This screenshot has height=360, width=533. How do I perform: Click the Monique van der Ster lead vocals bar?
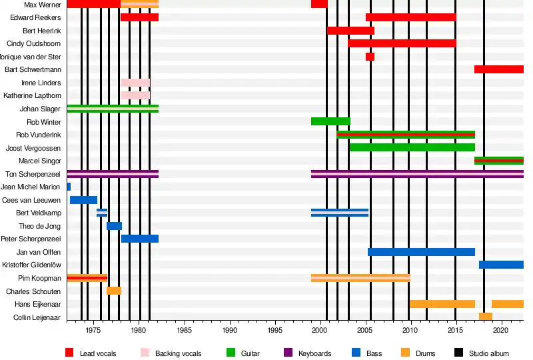[370, 57]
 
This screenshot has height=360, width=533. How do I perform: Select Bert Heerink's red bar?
[350, 31]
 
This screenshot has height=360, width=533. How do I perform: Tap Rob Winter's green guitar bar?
[330, 121]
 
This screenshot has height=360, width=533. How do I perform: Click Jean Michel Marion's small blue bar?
[69, 187]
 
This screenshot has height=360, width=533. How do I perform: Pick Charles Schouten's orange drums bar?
[114, 291]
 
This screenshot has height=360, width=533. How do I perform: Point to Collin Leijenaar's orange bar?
[486, 317]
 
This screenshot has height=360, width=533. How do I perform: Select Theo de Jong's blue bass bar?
[114, 226]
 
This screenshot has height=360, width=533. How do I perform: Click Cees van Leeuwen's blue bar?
[83, 200]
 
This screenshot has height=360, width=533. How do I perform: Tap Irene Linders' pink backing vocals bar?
[135, 83]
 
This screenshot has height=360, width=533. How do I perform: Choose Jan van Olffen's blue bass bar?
[421, 252]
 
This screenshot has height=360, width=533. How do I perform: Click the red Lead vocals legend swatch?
[70, 353]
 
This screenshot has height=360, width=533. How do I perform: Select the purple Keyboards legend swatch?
[288, 353]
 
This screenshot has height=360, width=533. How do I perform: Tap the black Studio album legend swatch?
[459, 353]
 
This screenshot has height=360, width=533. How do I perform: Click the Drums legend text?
[425, 353]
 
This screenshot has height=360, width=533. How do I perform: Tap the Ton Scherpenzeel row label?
[33, 174]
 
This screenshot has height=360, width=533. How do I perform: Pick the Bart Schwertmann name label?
[33, 69]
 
